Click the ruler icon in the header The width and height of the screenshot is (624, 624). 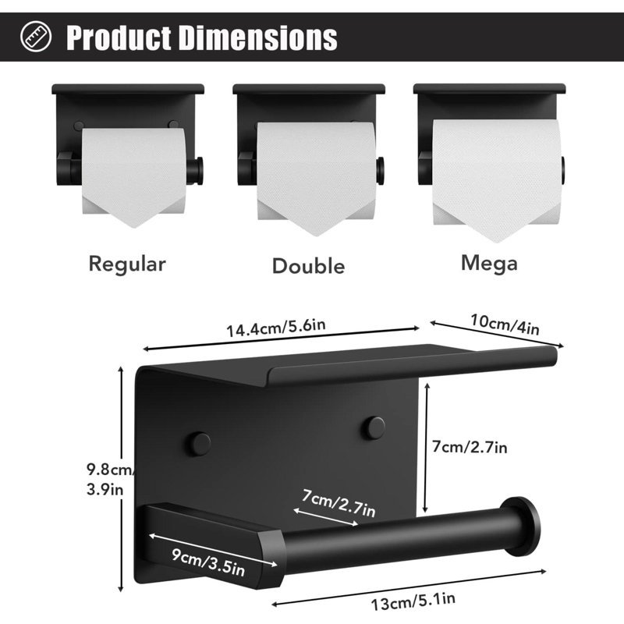pos(36,36)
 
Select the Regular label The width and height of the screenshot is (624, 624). pos(127,264)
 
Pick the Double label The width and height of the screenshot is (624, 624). pos(308,266)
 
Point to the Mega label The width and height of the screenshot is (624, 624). pos(489,264)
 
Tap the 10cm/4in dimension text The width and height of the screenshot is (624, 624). pos(505,324)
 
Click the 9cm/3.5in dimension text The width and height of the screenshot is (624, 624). pos(208,562)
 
